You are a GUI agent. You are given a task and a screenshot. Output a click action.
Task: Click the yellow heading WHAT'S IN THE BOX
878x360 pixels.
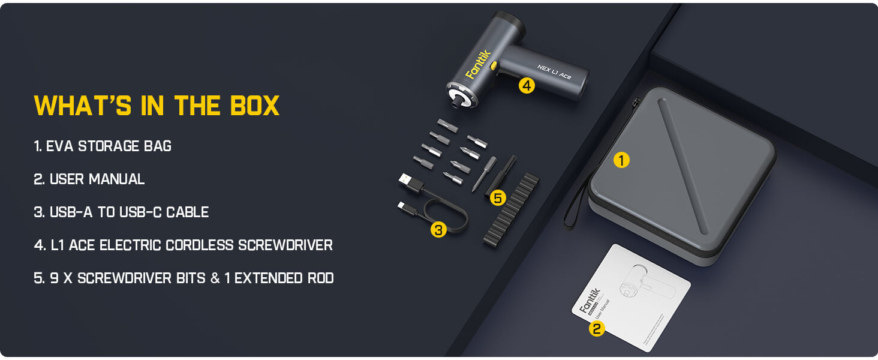tap(157, 106)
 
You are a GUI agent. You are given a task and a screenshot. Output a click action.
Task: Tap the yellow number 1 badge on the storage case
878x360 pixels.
tap(621, 160)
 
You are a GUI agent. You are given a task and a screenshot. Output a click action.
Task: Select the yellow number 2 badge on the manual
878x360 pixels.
tap(596, 328)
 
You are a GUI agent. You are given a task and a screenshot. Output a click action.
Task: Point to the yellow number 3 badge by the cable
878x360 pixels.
tap(438, 229)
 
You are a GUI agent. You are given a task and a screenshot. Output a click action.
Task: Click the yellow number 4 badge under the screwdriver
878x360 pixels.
tap(526, 86)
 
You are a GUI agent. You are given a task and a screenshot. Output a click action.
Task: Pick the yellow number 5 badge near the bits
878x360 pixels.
tap(498, 197)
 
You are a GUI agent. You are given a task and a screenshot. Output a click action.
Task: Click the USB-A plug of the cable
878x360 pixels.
tap(406, 179)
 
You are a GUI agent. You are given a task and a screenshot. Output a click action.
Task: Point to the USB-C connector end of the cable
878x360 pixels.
tap(404, 206)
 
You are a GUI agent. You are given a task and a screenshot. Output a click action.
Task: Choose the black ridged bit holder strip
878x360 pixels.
tap(512, 209)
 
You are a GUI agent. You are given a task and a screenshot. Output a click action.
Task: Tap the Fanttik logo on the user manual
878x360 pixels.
tap(589, 300)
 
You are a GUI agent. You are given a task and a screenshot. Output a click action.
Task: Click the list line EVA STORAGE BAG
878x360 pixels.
tap(103, 146)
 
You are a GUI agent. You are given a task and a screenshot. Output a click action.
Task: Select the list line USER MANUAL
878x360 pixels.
tap(89, 179)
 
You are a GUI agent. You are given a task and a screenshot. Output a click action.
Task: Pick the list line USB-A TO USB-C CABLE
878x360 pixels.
tap(121, 212)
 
